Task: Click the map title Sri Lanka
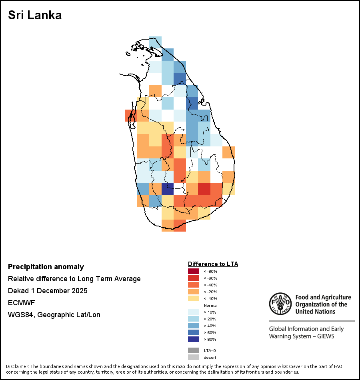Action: click(x=35, y=16)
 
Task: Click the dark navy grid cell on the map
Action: click(x=168, y=189)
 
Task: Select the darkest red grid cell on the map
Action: click(x=204, y=189)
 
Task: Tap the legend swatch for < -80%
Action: click(x=193, y=271)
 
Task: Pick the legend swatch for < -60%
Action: click(x=193, y=278)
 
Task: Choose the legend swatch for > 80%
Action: click(x=193, y=339)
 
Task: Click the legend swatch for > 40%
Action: click(x=193, y=326)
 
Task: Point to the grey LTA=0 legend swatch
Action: click(x=193, y=350)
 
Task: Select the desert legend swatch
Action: click(x=193, y=357)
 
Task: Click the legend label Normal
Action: click(x=211, y=305)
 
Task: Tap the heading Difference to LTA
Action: click(x=213, y=264)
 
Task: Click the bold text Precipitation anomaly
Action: click(x=46, y=267)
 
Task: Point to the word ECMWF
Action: click(x=21, y=303)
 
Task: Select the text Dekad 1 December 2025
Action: click(x=48, y=291)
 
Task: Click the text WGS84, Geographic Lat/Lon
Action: click(x=54, y=315)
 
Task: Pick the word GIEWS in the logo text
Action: click(x=326, y=336)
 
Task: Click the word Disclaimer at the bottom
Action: click(x=17, y=366)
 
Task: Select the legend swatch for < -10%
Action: click(x=193, y=298)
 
